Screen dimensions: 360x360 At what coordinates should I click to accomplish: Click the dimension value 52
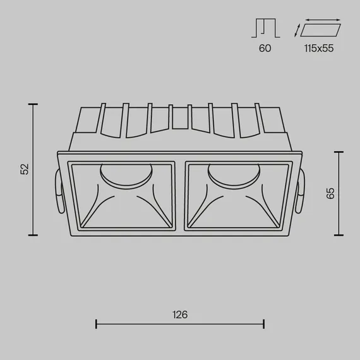(24, 169)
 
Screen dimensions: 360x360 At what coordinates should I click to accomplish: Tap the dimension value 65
(330, 193)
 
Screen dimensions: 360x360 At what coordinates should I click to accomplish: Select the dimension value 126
(180, 314)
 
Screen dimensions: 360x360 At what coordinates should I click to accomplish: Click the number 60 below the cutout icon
(265, 49)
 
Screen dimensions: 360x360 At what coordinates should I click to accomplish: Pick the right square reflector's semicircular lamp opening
(234, 176)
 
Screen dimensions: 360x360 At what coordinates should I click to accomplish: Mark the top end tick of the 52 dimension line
(33, 104)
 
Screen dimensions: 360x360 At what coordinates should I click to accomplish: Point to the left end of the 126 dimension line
(96, 325)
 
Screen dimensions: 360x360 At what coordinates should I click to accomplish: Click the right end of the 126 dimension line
(263, 325)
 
